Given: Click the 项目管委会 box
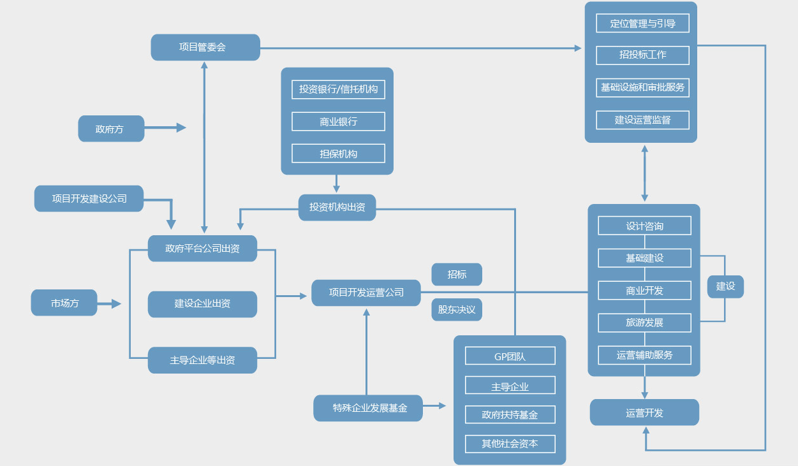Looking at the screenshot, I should [x=205, y=47].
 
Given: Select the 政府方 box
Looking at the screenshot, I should [x=111, y=129].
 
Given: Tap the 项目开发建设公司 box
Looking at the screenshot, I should [x=89, y=198].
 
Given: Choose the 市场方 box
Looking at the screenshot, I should [x=64, y=303].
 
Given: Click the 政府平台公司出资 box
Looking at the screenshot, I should [x=202, y=248].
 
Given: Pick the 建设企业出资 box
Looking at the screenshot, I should [x=202, y=304].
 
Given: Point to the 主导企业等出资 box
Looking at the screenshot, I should [x=202, y=360].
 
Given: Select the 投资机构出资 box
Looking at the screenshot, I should [x=337, y=207].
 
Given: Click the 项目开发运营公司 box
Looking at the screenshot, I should [x=366, y=293].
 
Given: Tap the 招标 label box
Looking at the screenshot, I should [x=457, y=274].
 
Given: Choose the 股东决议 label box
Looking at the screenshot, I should [x=457, y=309].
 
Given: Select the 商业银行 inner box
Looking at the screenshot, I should [x=338, y=121].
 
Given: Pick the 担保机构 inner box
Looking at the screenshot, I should [x=338, y=154].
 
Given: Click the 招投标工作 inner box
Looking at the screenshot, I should [x=642, y=55].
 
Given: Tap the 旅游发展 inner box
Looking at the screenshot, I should [x=644, y=323].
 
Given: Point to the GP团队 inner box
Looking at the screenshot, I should [x=510, y=356].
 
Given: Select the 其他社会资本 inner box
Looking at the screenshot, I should [x=510, y=444].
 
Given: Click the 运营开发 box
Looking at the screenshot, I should [x=644, y=412].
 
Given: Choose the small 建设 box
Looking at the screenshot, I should [x=725, y=286].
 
